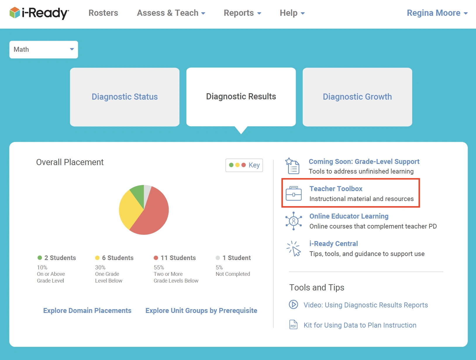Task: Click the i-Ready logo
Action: tap(39, 13)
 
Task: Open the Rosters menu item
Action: tap(103, 13)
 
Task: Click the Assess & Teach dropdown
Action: tap(171, 13)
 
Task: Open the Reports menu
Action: tap(242, 13)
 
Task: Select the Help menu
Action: tap(292, 13)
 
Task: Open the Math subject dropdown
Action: tap(44, 50)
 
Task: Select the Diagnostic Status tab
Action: tap(125, 97)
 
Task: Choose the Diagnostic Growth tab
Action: tap(357, 97)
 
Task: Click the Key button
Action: tap(244, 165)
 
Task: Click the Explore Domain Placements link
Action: tap(87, 311)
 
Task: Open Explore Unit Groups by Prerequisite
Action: tap(201, 311)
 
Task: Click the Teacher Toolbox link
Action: tap(336, 189)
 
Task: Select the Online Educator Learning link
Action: tap(349, 216)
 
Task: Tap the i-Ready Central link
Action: tap(334, 244)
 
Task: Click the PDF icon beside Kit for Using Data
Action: tap(293, 325)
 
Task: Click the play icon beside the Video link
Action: tap(293, 304)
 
